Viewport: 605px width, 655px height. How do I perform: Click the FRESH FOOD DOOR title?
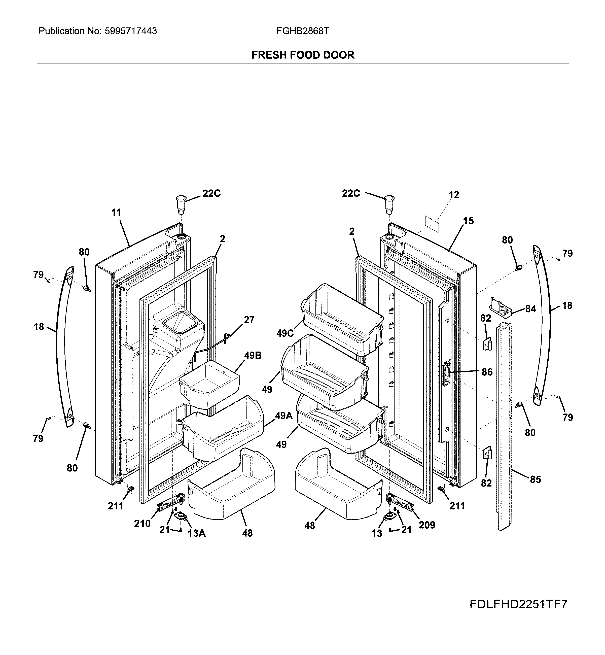(303, 55)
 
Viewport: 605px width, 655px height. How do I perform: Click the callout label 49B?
(253, 355)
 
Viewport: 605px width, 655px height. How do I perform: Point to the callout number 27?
(249, 320)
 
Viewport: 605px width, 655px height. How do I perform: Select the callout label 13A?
(196, 534)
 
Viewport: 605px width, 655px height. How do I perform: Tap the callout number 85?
(535, 479)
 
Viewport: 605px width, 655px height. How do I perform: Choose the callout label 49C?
(285, 333)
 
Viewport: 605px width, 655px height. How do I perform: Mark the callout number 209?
(427, 525)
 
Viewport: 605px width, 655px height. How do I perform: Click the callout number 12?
(454, 195)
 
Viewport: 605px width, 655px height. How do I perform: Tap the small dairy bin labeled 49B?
(209, 385)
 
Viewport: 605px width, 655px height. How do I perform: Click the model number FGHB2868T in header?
(303, 31)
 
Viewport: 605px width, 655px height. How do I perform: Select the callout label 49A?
(283, 416)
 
